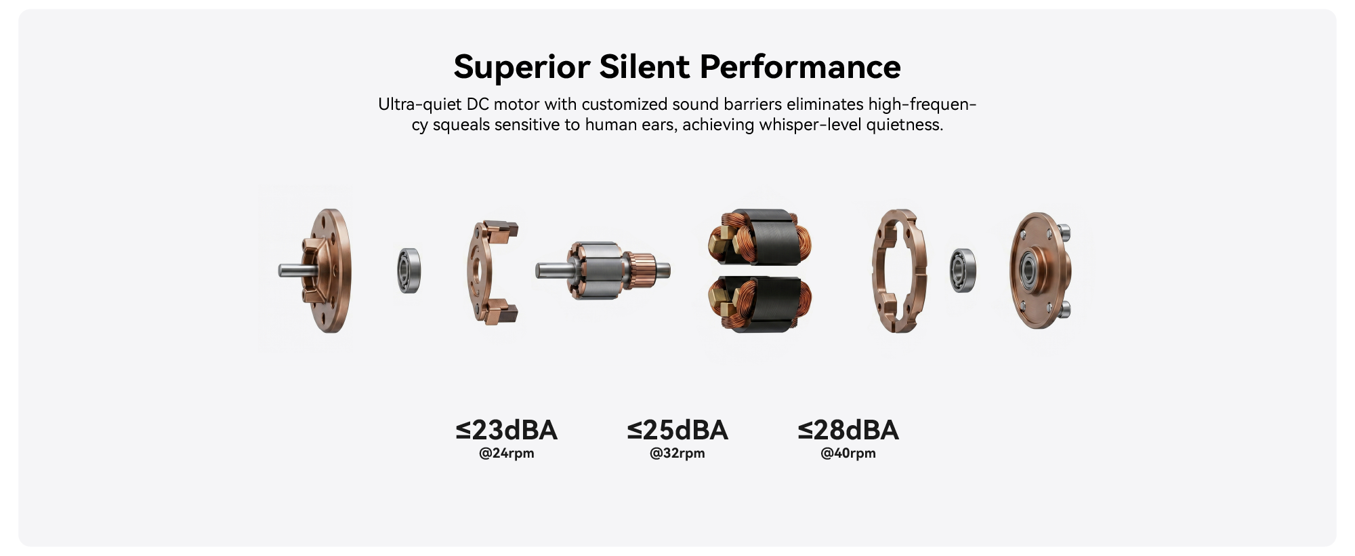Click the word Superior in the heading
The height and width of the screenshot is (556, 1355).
pos(522,67)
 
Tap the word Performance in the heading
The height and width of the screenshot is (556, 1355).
pos(800,66)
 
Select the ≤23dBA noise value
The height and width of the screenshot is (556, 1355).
pos(507,430)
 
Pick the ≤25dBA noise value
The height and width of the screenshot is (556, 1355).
pos(677,430)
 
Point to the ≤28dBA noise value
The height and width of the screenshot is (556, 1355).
pos(848,430)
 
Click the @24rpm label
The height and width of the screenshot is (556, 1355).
pos(507,453)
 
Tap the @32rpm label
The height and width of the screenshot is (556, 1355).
pos(677,453)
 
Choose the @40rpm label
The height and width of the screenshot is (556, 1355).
pos(848,453)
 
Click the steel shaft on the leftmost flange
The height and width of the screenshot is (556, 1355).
pos(295,271)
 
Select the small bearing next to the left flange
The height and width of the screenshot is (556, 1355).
pos(409,271)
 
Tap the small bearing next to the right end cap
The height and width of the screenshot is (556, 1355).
pos(962,271)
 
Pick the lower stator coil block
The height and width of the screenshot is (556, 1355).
pos(759,304)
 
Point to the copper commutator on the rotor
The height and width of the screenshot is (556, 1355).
pos(641,270)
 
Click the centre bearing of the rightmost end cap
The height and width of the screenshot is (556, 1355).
pos(1028,270)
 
